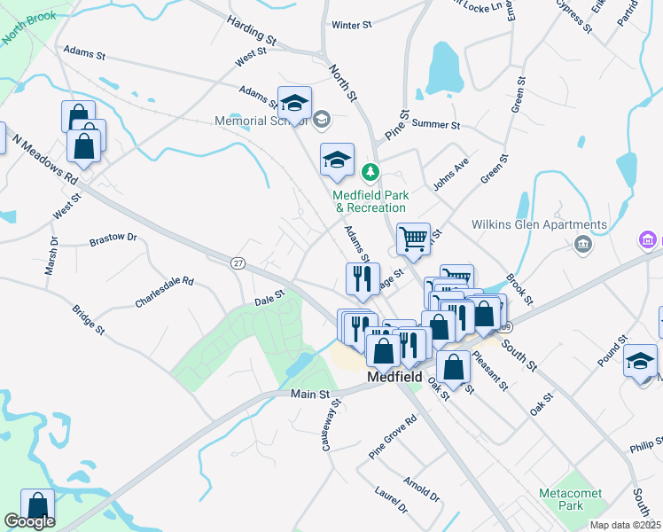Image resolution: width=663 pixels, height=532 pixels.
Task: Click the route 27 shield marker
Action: click(238, 263)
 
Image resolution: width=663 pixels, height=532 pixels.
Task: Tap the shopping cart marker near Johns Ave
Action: click(413, 238)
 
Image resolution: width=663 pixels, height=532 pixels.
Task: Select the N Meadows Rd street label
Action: click(44, 159)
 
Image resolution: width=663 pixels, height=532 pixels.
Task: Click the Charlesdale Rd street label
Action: click(164, 292)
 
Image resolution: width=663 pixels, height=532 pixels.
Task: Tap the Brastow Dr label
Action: click(113, 239)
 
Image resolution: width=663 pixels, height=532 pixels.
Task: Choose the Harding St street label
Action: click(251, 29)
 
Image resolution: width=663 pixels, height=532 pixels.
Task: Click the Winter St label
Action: click(351, 26)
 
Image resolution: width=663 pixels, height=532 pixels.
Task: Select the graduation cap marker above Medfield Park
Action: click(337, 160)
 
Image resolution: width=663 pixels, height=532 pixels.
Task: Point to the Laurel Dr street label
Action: click(390, 499)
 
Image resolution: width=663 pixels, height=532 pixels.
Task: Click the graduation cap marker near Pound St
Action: click(640, 361)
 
